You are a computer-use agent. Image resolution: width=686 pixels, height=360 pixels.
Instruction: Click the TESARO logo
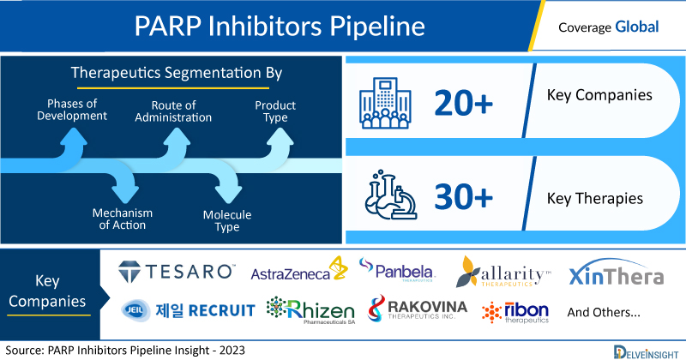(x=177, y=271)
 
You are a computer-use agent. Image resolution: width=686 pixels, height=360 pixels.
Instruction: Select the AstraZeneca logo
(x=299, y=269)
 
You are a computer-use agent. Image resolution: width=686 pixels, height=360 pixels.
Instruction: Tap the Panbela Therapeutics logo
(x=396, y=269)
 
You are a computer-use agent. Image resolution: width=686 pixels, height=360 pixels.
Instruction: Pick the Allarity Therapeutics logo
(x=503, y=272)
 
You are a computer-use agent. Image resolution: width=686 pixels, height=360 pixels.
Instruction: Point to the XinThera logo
(x=616, y=273)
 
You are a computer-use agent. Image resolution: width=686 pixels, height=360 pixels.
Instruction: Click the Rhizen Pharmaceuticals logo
(x=310, y=309)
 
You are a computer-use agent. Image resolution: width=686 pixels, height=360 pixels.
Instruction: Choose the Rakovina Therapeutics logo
(x=418, y=309)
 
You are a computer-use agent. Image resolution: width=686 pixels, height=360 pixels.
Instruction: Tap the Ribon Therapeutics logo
(x=515, y=312)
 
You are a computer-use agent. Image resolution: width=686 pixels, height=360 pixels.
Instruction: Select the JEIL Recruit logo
(x=188, y=310)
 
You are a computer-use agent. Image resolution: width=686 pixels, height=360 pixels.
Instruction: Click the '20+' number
(x=463, y=103)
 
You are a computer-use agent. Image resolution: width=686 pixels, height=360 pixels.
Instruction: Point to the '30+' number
(x=463, y=196)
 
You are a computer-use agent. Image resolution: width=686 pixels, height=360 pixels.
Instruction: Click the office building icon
(x=385, y=103)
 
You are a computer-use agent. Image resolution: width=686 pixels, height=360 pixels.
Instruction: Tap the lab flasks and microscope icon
(x=391, y=195)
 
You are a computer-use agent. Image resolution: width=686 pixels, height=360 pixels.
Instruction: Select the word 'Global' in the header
(x=636, y=27)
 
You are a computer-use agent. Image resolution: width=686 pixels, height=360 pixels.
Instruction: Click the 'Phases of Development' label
(x=72, y=110)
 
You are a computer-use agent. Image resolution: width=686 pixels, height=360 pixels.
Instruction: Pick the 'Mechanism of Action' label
(x=123, y=219)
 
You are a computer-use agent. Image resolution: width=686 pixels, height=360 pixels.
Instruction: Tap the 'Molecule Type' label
(x=227, y=220)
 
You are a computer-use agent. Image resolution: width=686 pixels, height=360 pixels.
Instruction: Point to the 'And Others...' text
(x=604, y=312)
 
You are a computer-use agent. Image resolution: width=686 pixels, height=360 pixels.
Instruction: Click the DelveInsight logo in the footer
(x=646, y=352)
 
